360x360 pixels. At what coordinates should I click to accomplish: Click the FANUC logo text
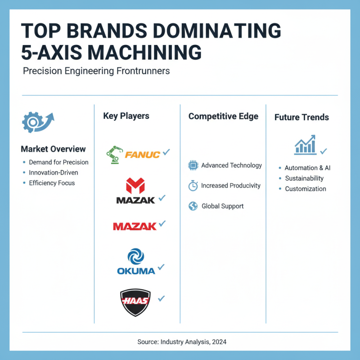coord(142,155)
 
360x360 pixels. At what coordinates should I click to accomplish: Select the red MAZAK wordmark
coord(135,226)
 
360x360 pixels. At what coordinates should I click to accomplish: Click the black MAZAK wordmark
coord(135,199)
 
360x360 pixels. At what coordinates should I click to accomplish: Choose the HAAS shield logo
coord(135,301)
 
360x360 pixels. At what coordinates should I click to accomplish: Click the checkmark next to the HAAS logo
coord(161,298)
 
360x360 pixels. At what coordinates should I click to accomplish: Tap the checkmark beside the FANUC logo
coord(166,153)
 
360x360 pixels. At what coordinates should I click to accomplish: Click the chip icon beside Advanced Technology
coord(193,166)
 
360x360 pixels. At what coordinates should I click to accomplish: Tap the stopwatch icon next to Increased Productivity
coord(193,186)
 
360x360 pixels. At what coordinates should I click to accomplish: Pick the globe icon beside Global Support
coord(193,206)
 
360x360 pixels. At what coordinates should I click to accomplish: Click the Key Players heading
coord(126,116)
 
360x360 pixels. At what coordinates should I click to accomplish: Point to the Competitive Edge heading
coord(223,116)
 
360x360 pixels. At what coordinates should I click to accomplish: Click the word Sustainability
coord(304,178)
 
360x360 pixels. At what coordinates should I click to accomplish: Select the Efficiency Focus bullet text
coord(52,183)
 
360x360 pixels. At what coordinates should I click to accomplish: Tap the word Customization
coord(306,189)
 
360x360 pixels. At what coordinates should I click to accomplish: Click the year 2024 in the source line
coord(219,342)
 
